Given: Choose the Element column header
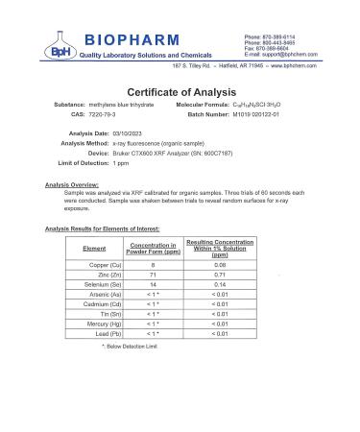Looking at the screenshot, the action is pyautogui.click(x=94, y=248).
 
